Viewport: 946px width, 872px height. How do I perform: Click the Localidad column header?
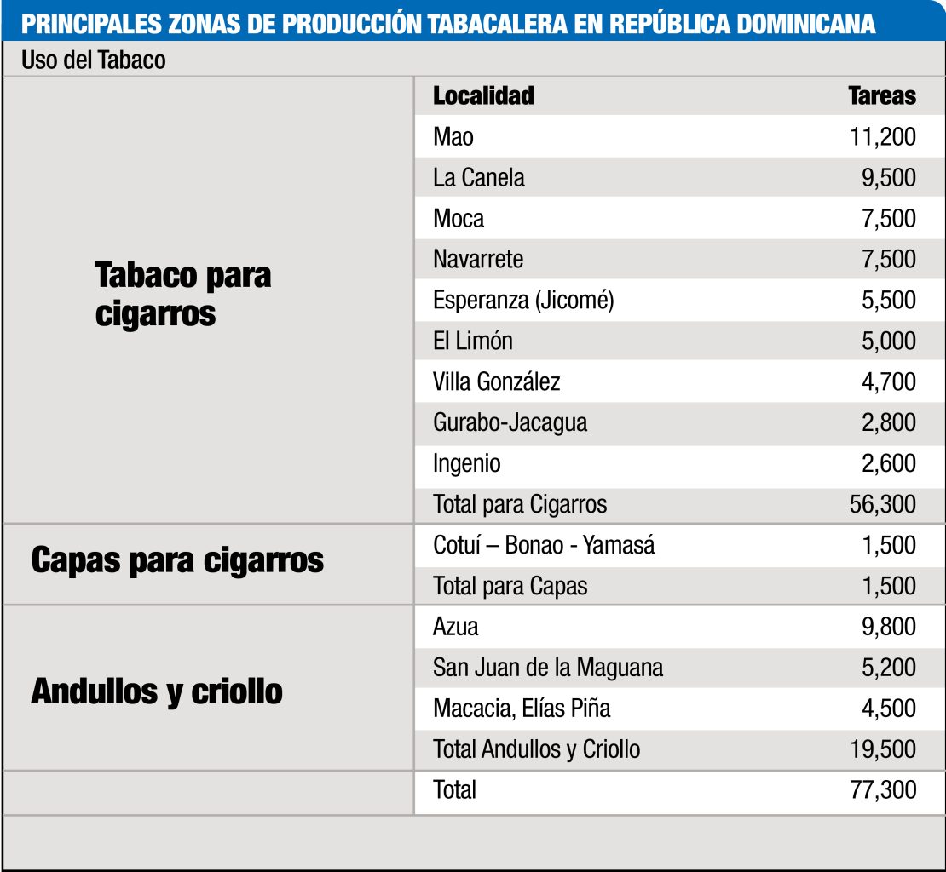(x=483, y=95)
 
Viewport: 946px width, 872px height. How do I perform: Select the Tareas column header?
(x=882, y=95)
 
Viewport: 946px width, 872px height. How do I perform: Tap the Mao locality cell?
(x=453, y=136)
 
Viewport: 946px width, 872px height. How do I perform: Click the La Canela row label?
(x=479, y=177)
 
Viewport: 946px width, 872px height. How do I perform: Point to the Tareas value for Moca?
(x=888, y=218)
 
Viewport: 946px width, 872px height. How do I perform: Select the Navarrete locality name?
(x=478, y=259)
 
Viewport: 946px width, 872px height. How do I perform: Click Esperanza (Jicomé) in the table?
(x=523, y=300)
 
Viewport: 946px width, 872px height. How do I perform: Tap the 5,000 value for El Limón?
(x=888, y=341)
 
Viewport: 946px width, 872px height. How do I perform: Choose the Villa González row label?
(x=497, y=381)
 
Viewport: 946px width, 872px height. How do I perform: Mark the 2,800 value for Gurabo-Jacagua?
(x=888, y=422)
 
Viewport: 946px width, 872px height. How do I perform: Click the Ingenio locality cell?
(x=467, y=463)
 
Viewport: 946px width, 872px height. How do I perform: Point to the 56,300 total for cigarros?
(x=882, y=504)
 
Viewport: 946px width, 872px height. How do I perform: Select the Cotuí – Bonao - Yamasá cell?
(x=544, y=545)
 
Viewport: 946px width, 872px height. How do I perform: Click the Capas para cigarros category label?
(x=177, y=560)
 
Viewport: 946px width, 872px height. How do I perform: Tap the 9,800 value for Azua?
(x=888, y=627)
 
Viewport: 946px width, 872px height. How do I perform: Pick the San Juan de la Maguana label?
(x=548, y=668)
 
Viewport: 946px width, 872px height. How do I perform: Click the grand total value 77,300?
(x=882, y=790)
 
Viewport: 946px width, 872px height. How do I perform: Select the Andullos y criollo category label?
(x=157, y=691)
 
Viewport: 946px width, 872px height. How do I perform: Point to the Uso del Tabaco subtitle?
(x=94, y=60)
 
